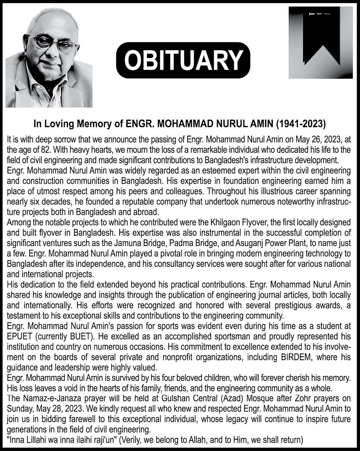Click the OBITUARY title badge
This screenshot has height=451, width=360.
183,60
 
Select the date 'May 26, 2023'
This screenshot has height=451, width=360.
316,139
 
